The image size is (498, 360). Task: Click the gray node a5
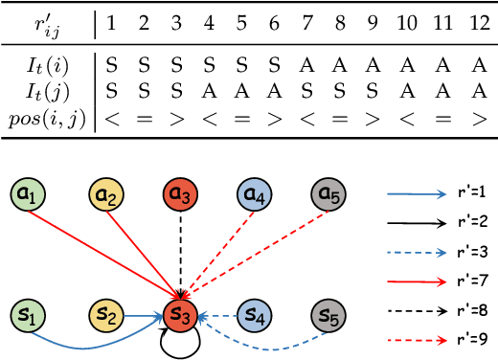pos(328,197)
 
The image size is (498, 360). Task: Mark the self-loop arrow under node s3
pos(178,343)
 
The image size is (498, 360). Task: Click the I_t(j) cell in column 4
pos(209,92)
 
